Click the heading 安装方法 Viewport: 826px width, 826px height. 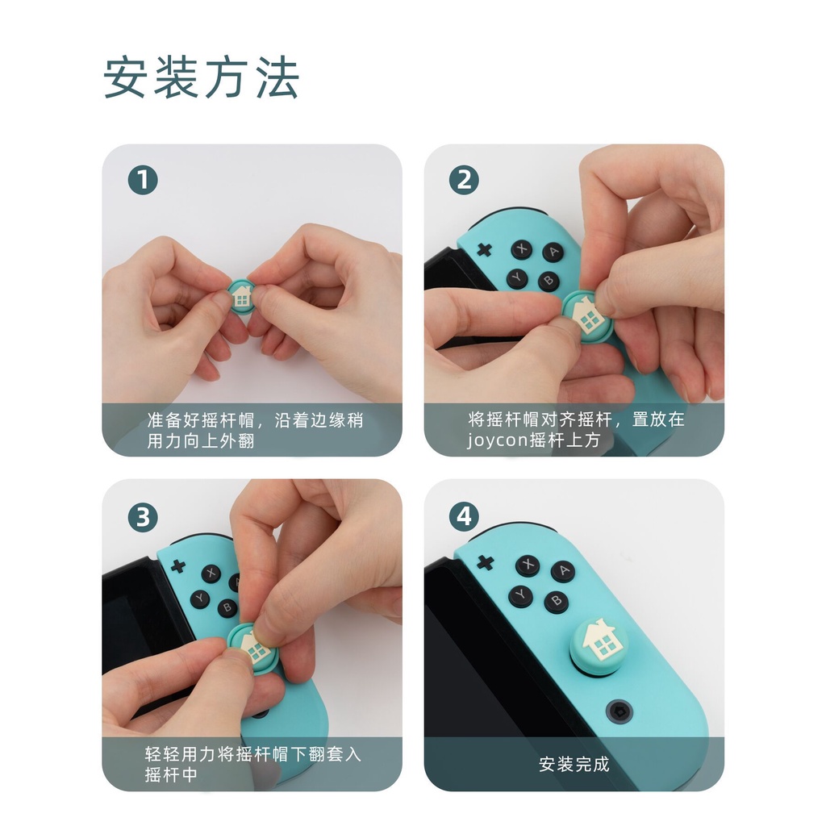(202, 78)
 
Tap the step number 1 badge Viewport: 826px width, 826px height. (143, 181)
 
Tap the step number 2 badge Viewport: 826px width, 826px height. (463, 181)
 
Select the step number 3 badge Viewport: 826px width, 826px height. (143, 517)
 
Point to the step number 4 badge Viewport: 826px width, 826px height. (463, 517)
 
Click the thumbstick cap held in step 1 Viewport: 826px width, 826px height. (240, 296)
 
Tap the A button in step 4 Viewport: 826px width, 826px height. (562, 572)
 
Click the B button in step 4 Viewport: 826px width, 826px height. (555, 602)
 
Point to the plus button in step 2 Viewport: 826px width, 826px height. (484, 249)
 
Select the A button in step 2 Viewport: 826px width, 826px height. (553, 252)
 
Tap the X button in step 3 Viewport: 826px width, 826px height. (211, 573)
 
